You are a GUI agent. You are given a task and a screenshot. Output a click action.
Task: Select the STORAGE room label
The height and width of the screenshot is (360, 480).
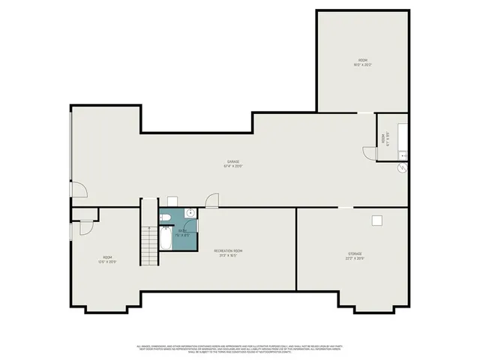click(355, 256)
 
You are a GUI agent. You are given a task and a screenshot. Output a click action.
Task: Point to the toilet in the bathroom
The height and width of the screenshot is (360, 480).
click(166, 217)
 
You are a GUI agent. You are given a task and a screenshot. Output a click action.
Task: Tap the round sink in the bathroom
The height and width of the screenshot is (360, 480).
click(190, 214)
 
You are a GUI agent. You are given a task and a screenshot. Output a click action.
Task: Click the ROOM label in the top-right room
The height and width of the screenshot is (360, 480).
click(362, 62)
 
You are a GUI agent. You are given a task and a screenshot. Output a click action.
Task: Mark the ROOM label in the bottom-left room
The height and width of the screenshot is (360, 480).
click(108, 259)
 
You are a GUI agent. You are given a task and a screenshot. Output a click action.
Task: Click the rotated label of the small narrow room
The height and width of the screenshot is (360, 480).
click(383, 139)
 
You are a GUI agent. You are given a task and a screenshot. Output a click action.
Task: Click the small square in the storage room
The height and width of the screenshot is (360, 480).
click(376, 219)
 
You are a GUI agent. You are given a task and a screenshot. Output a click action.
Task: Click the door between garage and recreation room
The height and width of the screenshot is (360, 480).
click(212, 200)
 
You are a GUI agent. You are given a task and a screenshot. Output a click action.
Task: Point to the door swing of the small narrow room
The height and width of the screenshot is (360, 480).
click(369, 152)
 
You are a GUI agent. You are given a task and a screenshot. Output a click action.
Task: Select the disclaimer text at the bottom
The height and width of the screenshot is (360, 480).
click(239, 349)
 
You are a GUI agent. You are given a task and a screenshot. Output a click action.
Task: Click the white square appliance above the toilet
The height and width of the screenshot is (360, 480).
click(172, 201)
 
